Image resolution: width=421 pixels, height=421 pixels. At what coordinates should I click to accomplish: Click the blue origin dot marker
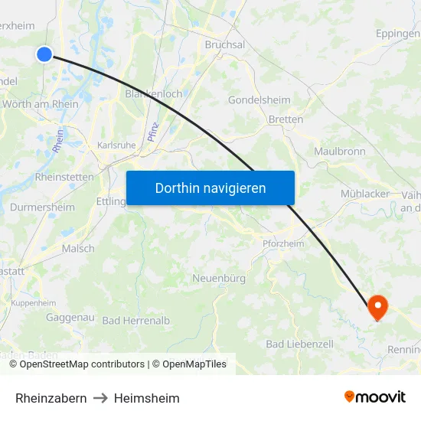(x=44, y=54)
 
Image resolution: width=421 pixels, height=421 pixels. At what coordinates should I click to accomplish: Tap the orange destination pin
(x=377, y=307)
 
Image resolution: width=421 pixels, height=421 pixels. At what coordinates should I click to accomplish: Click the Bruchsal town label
(x=225, y=45)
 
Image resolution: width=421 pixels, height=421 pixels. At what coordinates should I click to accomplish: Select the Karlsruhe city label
(x=116, y=145)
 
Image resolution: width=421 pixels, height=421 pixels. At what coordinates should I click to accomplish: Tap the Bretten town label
(x=286, y=119)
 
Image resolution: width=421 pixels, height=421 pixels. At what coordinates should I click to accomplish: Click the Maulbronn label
(x=339, y=152)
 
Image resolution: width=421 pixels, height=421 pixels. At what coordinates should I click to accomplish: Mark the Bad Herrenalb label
(x=136, y=321)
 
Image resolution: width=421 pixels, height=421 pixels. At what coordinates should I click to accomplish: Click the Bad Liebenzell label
(x=299, y=344)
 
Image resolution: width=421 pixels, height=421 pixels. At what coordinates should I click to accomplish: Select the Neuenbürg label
(x=219, y=278)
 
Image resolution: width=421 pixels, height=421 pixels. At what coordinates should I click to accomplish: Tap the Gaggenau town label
(x=70, y=317)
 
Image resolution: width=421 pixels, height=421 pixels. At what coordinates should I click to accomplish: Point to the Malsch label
(x=78, y=249)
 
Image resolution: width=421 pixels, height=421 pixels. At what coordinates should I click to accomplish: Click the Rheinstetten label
(x=64, y=177)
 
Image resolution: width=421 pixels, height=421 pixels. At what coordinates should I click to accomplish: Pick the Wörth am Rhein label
(x=41, y=104)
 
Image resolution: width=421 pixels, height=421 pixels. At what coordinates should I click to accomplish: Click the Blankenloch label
(x=153, y=94)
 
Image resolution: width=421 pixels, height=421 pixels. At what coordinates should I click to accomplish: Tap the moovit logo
(x=374, y=397)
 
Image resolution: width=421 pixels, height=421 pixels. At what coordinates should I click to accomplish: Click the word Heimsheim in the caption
(x=147, y=398)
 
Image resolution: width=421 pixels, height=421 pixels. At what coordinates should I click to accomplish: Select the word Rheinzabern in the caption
(x=51, y=398)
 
